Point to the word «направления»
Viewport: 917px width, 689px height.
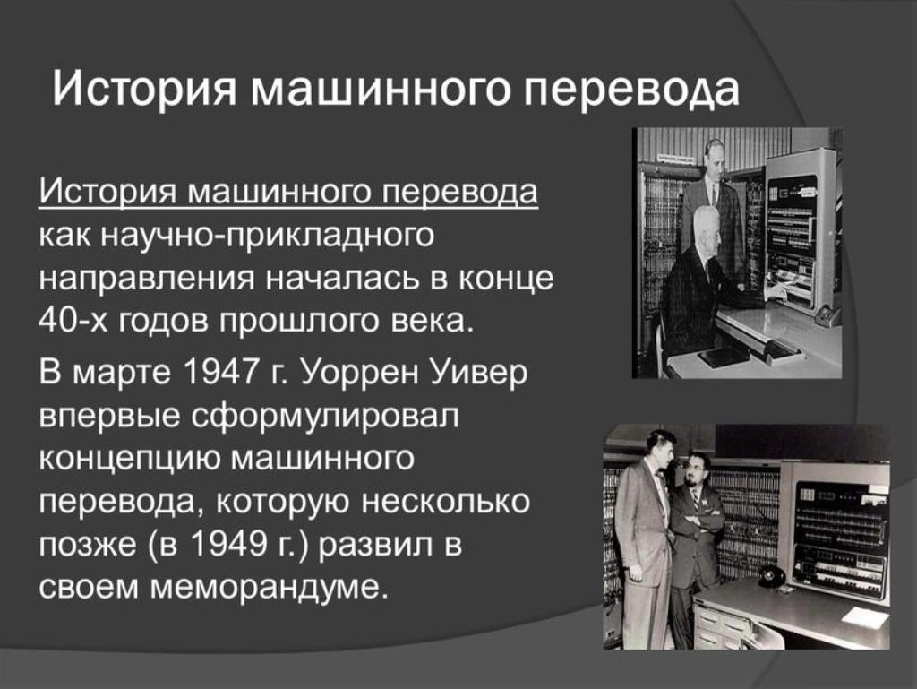[x=147, y=280]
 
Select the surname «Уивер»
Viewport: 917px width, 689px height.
[x=479, y=373]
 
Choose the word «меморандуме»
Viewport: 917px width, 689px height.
[x=270, y=589]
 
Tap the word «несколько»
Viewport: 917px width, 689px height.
[x=444, y=501]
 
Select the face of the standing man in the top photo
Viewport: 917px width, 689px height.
[x=714, y=159]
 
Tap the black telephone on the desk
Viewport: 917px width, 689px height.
[x=772, y=575]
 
